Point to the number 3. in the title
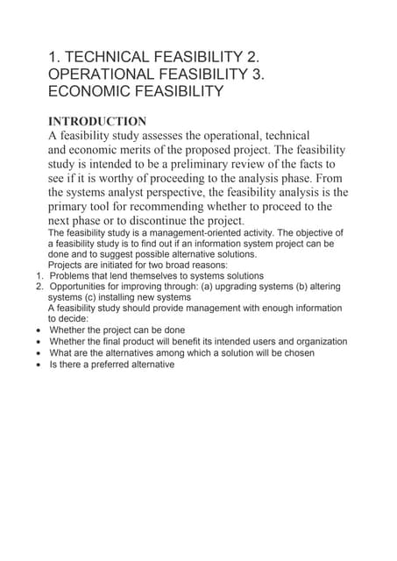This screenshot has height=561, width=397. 255,75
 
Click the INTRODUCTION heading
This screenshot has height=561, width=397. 97,121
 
